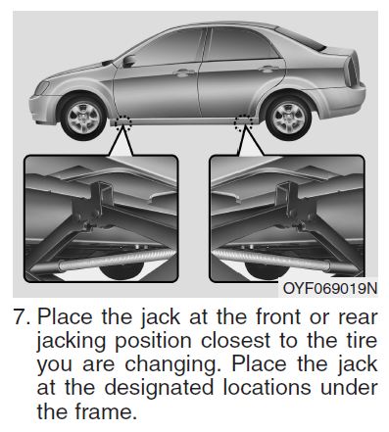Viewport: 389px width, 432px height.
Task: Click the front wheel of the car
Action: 83,115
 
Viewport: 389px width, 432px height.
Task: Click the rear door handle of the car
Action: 265,70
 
